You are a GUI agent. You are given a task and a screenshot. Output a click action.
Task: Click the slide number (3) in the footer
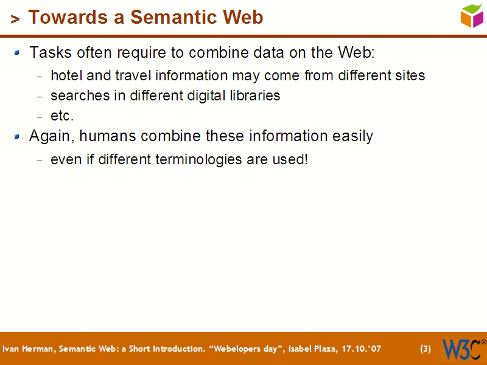click(426, 349)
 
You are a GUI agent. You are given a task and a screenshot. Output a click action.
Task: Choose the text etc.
click(61, 116)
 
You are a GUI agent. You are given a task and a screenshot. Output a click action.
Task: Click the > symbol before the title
click(15, 19)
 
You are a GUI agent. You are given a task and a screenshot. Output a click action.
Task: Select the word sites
click(408, 75)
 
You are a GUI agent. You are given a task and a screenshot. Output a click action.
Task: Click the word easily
click(352, 136)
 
